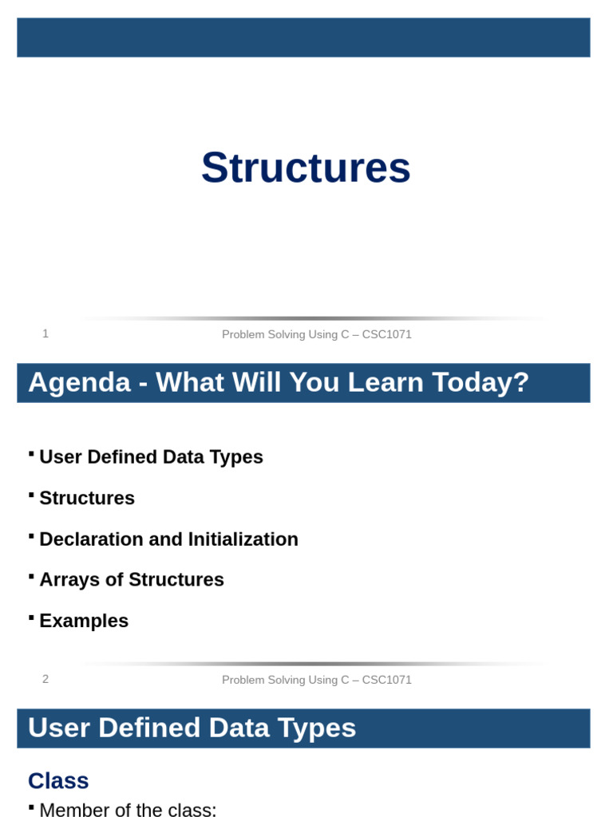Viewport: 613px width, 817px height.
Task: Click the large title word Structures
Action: [306, 168]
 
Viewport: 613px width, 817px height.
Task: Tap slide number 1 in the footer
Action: [45, 334]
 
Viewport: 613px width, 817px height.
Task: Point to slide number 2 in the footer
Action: [45, 679]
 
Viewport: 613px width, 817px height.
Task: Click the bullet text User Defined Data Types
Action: [151, 457]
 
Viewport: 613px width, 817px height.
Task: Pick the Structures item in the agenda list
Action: [87, 498]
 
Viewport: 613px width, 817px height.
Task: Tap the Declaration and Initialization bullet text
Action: [168, 539]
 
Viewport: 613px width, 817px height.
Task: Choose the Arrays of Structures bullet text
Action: [132, 580]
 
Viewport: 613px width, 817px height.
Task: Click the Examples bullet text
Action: [84, 621]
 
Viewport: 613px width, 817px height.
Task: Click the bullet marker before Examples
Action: [31, 617]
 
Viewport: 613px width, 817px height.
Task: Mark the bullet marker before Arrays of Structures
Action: [31, 575]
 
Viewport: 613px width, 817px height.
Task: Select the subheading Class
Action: [58, 781]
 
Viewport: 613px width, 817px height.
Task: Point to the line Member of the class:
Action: [128, 810]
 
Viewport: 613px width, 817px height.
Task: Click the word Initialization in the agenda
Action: [243, 539]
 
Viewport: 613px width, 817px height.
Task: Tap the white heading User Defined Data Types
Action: [192, 728]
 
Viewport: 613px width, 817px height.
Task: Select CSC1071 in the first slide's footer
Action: [387, 334]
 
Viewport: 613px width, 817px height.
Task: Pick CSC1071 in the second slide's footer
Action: [387, 680]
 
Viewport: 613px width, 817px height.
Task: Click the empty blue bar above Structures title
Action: [303, 37]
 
